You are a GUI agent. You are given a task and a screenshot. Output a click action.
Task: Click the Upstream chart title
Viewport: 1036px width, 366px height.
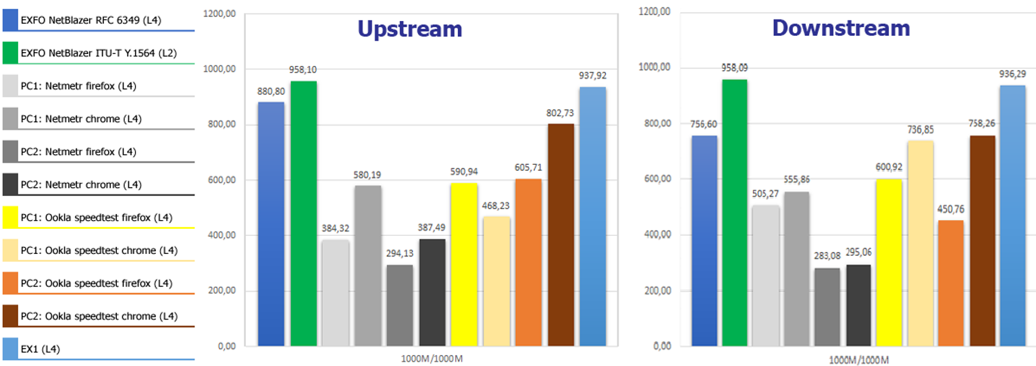409,29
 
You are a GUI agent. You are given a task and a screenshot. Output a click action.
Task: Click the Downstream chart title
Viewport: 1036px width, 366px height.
841,28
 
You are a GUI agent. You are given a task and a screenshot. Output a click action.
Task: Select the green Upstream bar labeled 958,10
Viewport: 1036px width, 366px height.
303,213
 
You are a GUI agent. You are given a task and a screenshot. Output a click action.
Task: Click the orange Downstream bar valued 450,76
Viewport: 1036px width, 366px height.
952,283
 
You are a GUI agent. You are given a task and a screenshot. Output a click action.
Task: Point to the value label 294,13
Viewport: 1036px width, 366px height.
400,255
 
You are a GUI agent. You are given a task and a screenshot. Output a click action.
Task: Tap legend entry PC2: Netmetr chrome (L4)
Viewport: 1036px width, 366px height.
78,184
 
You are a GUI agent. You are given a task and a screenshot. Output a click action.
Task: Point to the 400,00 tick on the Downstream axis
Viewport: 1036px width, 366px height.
655,235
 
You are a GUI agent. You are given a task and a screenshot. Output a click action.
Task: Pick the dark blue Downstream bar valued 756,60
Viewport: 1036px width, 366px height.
704,241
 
